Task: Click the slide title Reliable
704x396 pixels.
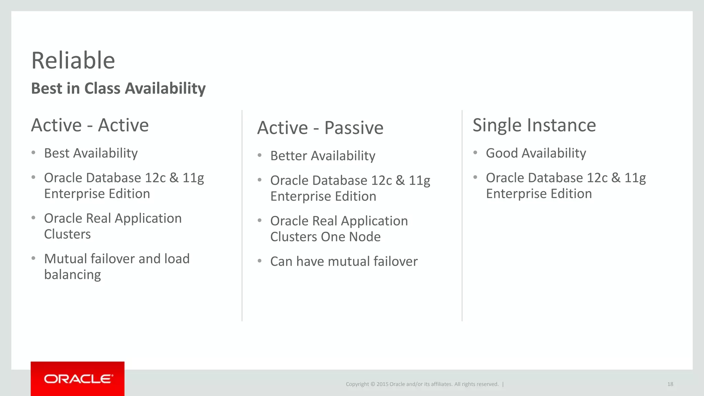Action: pos(73,60)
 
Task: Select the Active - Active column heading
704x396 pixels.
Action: pos(90,125)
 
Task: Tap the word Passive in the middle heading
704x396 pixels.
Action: pos(354,128)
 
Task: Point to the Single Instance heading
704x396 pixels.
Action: pos(534,125)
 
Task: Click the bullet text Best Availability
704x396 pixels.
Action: pos(91,153)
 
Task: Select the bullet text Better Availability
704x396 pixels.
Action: pos(322,156)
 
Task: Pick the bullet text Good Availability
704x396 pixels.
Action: pos(536,153)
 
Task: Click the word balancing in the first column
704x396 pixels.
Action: pos(73,275)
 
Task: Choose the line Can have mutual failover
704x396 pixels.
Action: pos(344,262)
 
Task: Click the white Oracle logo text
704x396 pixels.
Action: pos(78,379)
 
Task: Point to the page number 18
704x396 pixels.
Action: pos(670,384)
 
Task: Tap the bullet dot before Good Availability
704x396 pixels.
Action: pos(475,152)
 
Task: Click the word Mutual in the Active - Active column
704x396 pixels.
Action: pos(66,259)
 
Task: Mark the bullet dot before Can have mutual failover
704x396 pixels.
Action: pos(260,261)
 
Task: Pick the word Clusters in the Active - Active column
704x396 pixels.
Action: pos(67,234)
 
